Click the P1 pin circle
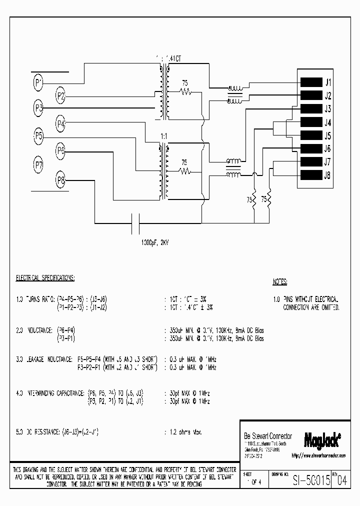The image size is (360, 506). coord(38,82)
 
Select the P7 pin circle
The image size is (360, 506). coord(38,163)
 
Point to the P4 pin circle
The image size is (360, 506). coord(61,123)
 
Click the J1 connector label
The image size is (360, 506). coord(328,82)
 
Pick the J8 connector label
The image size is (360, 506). coord(328,175)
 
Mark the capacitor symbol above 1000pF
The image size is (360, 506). coord(135,223)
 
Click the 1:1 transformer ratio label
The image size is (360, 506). coord(164,136)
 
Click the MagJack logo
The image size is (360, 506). coord(322,438)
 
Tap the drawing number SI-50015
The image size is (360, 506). coord(311,481)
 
